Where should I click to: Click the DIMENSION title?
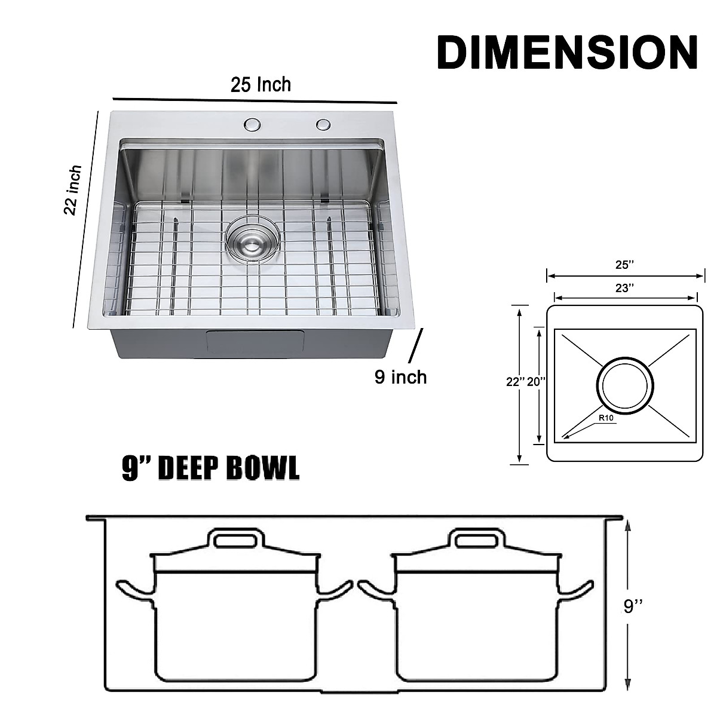tap(567, 53)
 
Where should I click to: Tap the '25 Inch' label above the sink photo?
tap(261, 85)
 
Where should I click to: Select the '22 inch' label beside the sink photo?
tap(73, 190)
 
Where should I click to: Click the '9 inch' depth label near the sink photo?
tap(401, 377)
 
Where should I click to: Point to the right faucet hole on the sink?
tap(324, 124)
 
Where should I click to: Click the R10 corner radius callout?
tap(606, 418)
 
